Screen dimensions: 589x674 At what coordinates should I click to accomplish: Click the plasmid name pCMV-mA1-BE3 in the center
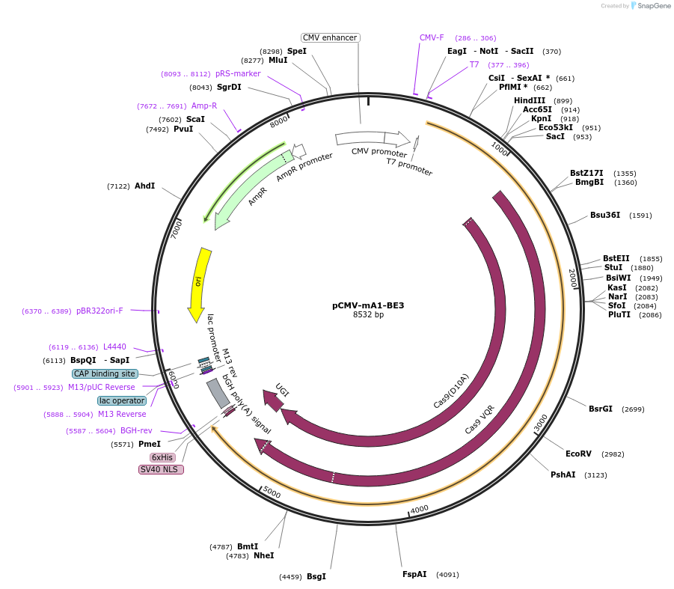[368, 305]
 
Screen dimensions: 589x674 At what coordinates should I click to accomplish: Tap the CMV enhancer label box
[331, 38]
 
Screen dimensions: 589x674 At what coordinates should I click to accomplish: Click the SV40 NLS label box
[161, 469]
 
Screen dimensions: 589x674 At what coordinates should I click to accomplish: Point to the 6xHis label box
[162, 457]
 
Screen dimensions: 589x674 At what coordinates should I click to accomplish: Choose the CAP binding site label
[105, 373]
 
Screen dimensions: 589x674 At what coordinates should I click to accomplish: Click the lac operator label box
[122, 400]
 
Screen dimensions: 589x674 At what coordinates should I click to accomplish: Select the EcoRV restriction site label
[578, 454]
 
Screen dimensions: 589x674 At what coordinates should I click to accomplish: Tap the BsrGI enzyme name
[600, 409]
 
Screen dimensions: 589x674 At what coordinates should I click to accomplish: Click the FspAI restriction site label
[414, 574]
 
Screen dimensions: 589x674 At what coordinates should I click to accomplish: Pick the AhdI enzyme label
[144, 186]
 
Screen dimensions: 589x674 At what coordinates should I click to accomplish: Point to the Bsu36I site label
[604, 215]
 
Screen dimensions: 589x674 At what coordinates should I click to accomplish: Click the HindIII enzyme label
[532, 100]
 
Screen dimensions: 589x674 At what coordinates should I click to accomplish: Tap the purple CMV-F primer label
[432, 37]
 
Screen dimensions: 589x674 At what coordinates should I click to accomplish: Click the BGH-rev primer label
[136, 430]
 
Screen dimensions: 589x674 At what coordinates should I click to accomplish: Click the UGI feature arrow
[275, 400]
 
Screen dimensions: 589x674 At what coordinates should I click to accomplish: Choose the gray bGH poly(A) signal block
[218, 393]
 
